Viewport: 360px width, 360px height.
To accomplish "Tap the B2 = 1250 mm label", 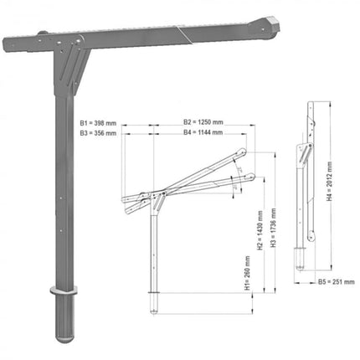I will click(203, 122).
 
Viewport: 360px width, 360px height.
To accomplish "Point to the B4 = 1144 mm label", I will click(203, 132).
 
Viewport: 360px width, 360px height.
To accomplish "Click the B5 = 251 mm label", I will click(336, 282).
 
